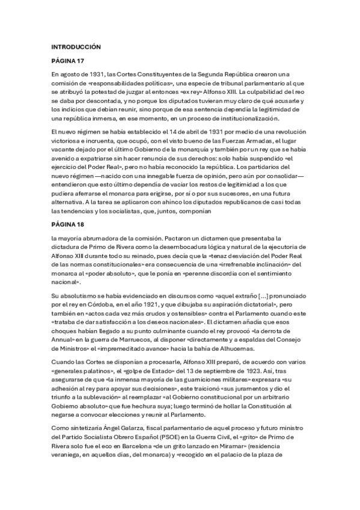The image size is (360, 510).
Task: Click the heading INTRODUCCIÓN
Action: click(x=76, y=46)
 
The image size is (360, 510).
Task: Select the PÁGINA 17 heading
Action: click(x=68, y=61)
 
